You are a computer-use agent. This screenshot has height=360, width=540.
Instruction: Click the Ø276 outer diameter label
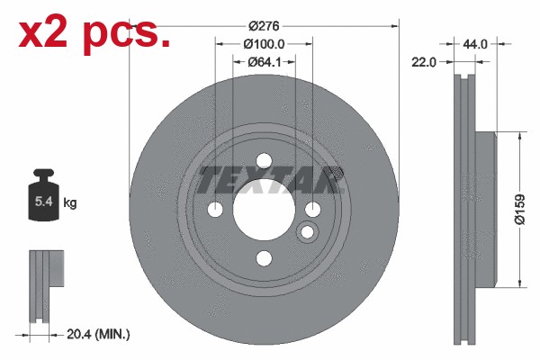[264, 26]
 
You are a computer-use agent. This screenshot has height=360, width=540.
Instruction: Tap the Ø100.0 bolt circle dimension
[264, 44]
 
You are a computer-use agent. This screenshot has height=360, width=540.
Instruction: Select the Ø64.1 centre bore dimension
[264, 62]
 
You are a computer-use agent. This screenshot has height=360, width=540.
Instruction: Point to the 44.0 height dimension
[475, 44]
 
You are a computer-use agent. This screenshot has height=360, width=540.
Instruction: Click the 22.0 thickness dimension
[424, 62]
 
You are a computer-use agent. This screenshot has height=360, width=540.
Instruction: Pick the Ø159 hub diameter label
[520, 210]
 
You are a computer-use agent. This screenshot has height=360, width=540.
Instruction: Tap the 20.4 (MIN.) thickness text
[98, 334]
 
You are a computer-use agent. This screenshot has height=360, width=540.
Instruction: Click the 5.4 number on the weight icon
[44, 201]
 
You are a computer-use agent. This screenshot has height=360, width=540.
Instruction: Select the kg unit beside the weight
[70, 202]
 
